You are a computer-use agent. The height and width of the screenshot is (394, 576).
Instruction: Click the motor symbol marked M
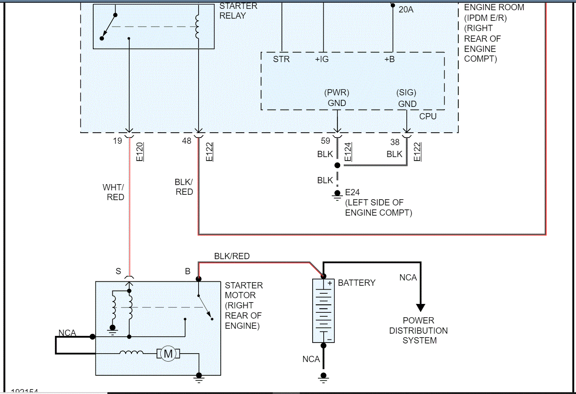[x=168, y=354]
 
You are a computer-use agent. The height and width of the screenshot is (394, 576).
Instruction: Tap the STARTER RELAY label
[x=238, y=11]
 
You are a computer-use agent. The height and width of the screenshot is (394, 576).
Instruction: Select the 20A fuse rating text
[x=406, y=9]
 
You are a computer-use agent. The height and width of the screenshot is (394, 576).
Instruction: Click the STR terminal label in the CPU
[x=281, y=59]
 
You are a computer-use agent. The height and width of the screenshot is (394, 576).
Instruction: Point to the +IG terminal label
[x=322, y=59]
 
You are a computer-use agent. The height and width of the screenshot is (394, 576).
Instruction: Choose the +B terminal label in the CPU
[x=389, y=59]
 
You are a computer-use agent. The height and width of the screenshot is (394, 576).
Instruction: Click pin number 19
[x=117, y=141]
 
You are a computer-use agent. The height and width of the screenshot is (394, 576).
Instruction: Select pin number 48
[x=187, y=141]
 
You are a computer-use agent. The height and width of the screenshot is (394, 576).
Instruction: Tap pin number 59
[x=326, y=141]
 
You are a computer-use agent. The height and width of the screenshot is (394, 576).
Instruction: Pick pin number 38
[x=395, y=143]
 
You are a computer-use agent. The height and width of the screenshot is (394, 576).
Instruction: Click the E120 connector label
[x=139, y=151]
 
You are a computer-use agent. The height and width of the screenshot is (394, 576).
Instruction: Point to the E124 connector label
[x=348, y=151]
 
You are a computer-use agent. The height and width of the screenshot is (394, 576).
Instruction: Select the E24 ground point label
[x=354, y=193]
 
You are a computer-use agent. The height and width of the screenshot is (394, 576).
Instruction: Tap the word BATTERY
[x=357, y=283]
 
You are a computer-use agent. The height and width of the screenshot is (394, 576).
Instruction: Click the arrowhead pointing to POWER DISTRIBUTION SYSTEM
[x=420, y=308]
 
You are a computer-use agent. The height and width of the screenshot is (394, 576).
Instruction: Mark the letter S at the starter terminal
[x=119, y=271]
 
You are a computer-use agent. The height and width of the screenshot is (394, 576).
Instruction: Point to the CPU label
[x=428, y=116]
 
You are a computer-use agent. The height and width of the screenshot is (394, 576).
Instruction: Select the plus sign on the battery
[x=330, y=283]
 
